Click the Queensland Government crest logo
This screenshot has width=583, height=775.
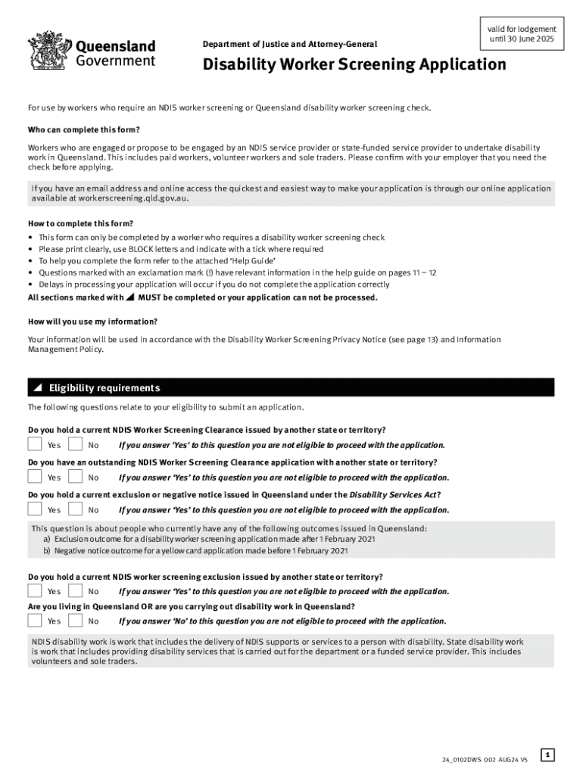coord(49,51)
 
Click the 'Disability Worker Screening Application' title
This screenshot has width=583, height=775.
coord(354,65)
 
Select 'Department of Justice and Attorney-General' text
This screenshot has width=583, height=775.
coord(289,44)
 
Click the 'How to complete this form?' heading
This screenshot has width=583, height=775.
coord(80,223)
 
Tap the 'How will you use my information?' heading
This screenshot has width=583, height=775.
coord(92,322)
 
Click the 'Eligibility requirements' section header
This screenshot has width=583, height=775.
coord(104,388)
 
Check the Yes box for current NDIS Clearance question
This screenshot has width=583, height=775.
coord(35,444)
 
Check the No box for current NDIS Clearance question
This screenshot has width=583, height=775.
coord(76,444)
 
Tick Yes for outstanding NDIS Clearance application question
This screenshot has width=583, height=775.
coord(35,477)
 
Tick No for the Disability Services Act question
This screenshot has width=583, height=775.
coord(76,509)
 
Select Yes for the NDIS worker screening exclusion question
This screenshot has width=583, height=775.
coord(35,590)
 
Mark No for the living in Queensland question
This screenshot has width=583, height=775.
coord(76,621)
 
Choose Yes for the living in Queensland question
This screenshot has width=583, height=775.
coord(35,621)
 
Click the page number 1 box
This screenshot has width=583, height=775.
coord(548,754)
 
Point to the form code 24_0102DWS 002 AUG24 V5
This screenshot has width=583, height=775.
coord(485,759)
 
